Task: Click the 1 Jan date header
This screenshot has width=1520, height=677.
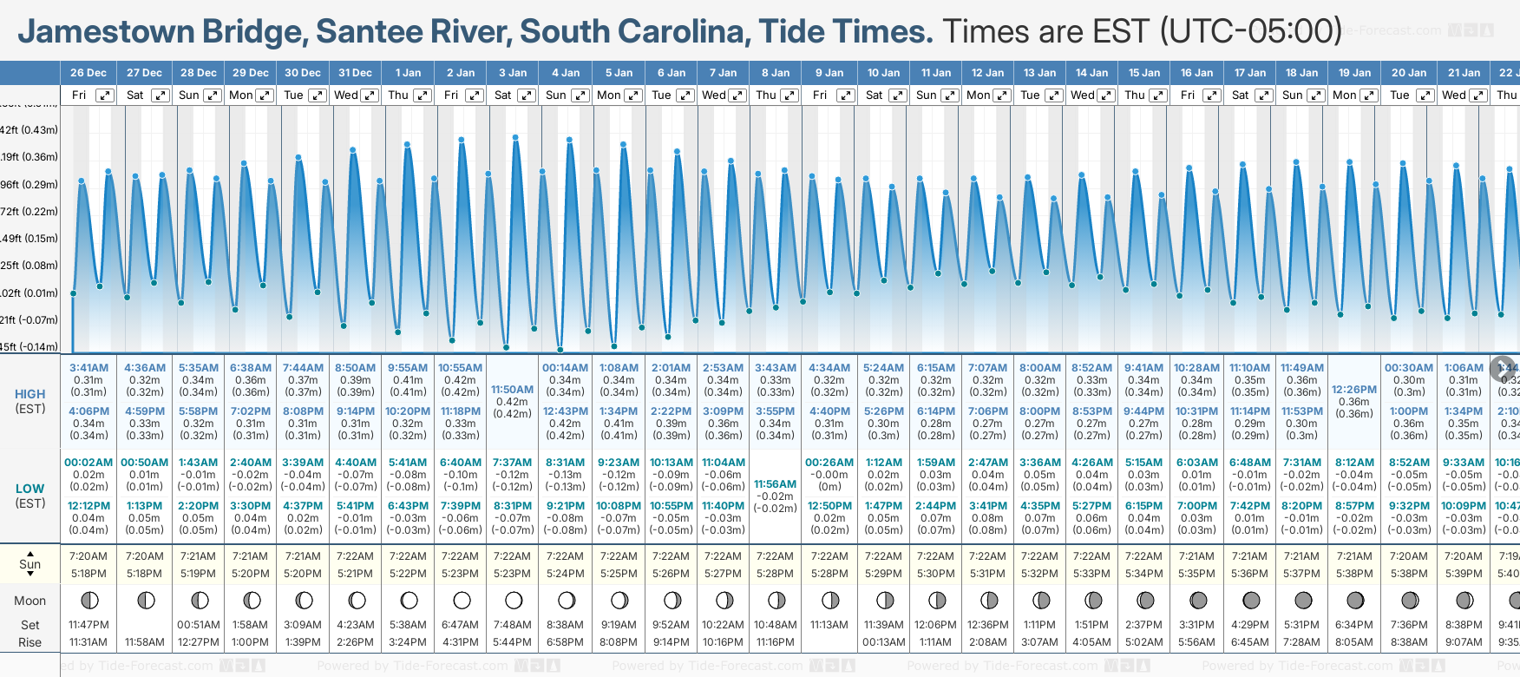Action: [x=408, y=73]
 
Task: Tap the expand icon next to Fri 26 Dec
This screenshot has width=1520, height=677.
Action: [x=104, y=95]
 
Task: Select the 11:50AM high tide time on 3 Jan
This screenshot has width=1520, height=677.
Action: [x=512, y=390]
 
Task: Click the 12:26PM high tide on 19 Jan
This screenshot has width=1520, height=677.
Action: [x=1354, y=390]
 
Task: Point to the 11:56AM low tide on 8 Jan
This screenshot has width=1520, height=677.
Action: [x=775, y=484]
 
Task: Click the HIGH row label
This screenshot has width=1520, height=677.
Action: [x=29, y=394]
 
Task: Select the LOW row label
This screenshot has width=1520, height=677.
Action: [x=29, y=489]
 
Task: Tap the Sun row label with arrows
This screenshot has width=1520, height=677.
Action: [x=29, y=564]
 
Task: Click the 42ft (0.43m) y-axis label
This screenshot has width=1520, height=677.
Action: [x=29, y=130]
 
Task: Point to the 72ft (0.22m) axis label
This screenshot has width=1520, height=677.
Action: [x=29, y=212]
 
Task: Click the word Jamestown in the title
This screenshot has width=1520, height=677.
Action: [x=106, y=32]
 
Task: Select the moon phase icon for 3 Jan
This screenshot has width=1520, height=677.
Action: [x=514, y=601]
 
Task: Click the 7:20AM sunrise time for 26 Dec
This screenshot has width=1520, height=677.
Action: [x=88, y=556]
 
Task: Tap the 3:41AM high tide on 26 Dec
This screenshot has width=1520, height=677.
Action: [x=88, y=368]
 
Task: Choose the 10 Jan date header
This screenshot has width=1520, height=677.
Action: [x=883, y=73]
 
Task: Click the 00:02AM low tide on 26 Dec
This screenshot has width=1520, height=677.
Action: [x=88, y=463]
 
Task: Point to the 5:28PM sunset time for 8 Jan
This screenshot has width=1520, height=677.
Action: [x=775, y=574]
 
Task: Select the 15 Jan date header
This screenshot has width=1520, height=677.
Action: [x=1145, y=73]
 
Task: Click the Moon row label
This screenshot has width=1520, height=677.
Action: [x=29, y=601]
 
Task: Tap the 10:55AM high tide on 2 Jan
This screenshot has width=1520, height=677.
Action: [x=460, y=368]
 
